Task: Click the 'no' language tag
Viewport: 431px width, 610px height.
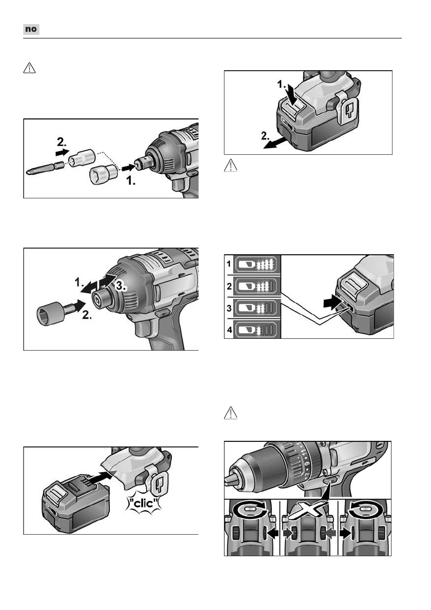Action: [31, 29]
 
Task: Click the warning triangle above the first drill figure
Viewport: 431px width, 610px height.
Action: [29, 68]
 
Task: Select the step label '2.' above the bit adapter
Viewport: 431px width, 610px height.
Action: [62, 141]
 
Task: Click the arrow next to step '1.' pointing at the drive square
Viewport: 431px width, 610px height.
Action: [128, 168]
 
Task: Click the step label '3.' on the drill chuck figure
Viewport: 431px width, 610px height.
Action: [121, 286]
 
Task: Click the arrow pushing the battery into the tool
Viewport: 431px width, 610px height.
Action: [103, 477]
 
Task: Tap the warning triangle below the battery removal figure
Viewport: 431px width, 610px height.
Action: [230, 166]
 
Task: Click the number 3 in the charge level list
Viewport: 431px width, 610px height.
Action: [229, 308]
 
